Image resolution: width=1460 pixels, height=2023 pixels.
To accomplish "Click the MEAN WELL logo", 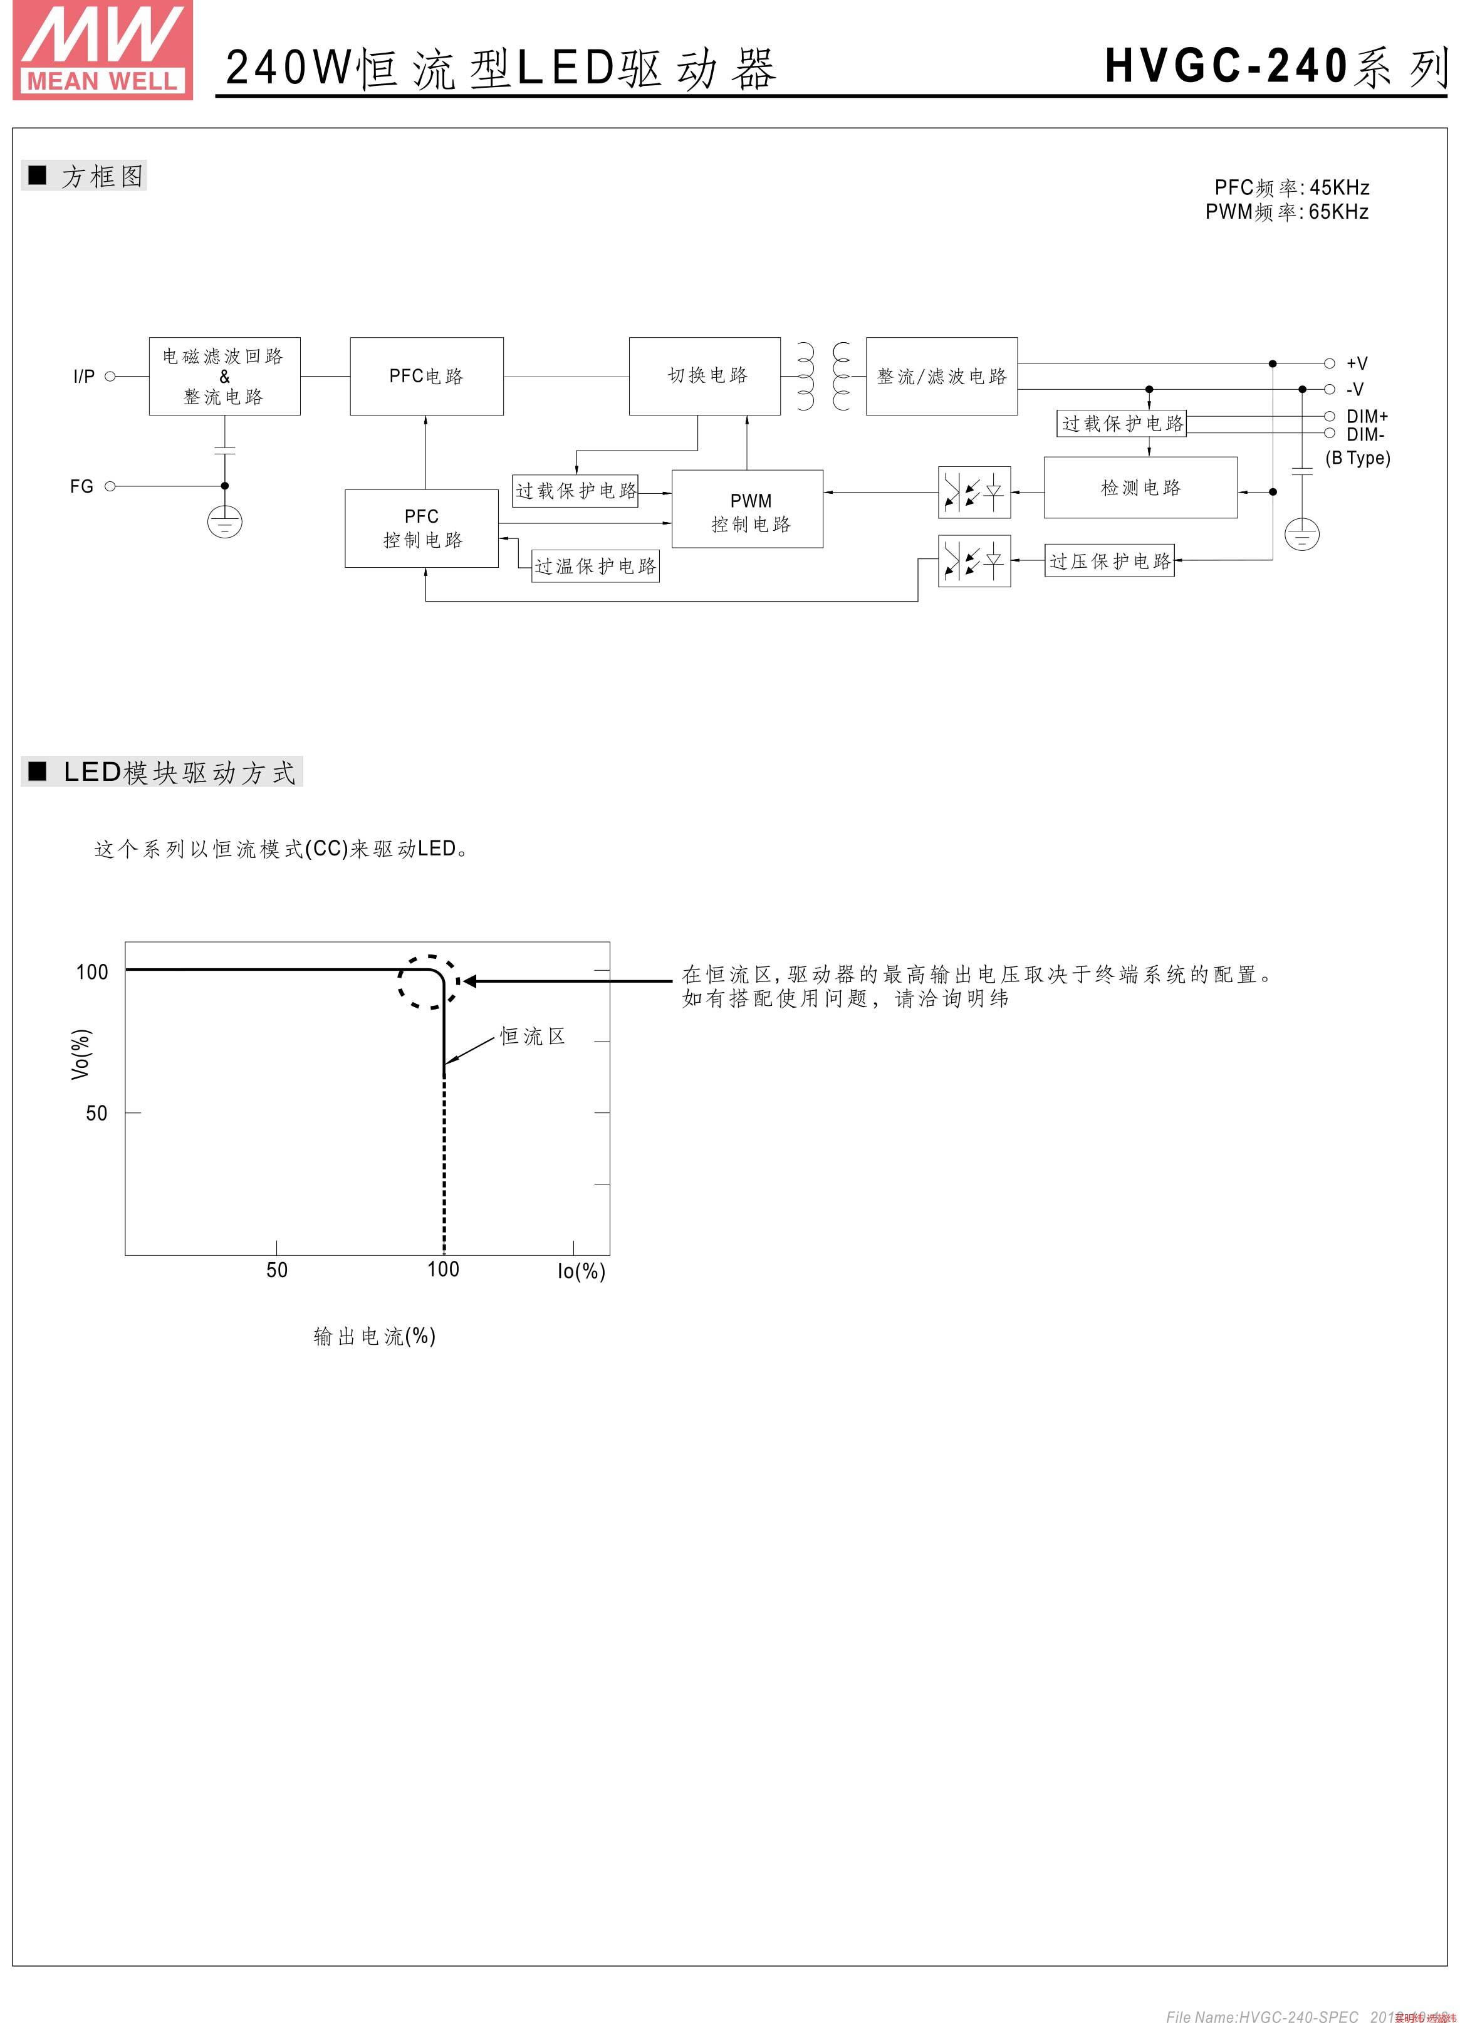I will pos(103,50).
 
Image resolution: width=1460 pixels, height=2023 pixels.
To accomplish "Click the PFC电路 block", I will pos(426,377).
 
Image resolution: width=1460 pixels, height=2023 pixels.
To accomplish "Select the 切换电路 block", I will pos(704,377).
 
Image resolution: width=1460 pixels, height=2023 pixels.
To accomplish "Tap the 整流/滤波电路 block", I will pos(941,377).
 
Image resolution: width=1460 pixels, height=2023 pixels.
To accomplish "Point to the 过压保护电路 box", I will pos(1110,561).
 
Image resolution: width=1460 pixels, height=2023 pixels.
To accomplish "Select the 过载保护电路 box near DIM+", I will pos(1122,424).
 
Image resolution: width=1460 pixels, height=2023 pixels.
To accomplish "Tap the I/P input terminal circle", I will pos(110,377).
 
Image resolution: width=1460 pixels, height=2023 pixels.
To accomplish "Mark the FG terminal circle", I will pos(110,486).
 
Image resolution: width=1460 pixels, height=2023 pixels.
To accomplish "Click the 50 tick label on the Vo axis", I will pos(96,1113).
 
